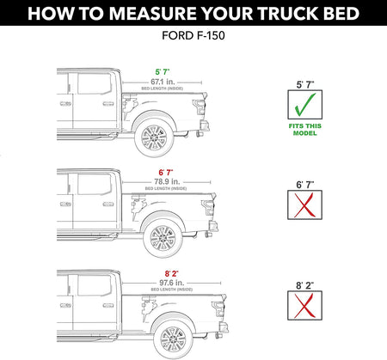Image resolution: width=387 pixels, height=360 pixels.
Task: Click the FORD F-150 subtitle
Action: [x=193, y=37]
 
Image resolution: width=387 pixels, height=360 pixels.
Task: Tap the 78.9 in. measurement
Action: [x=168, y=181]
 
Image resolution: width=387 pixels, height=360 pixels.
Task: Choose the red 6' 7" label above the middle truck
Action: [x=167, y=172]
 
